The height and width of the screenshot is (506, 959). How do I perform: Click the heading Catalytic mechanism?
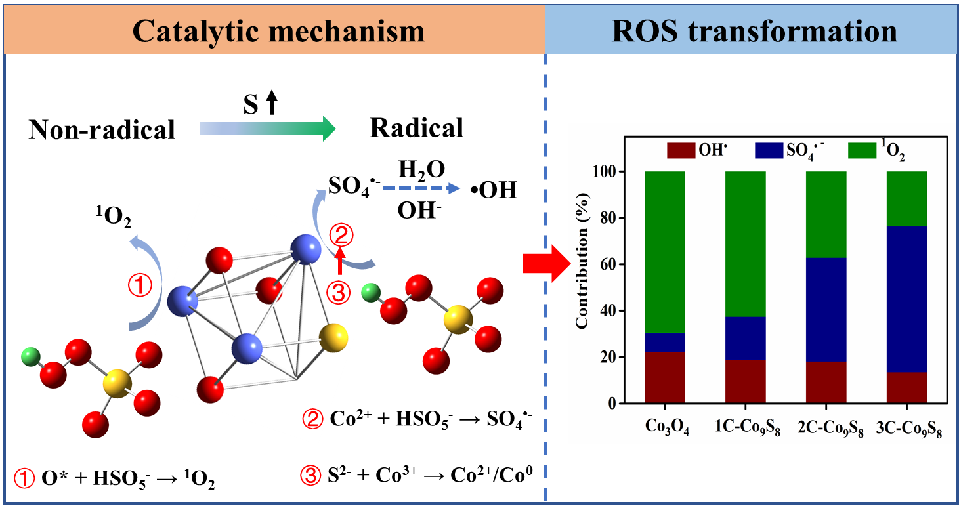(x=279, y=31)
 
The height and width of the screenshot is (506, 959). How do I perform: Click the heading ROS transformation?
(x=754, y=31)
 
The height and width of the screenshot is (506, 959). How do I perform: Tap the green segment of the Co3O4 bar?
(x=665, y=252)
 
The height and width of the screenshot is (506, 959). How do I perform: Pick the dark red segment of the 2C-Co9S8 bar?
(x=826, y=382)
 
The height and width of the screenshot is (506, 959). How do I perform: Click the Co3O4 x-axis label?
(x=666, y=425)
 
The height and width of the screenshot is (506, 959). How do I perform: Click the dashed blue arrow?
(x=421, y=189)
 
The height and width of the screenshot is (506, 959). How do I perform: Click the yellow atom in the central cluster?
(x=333, y=337)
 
